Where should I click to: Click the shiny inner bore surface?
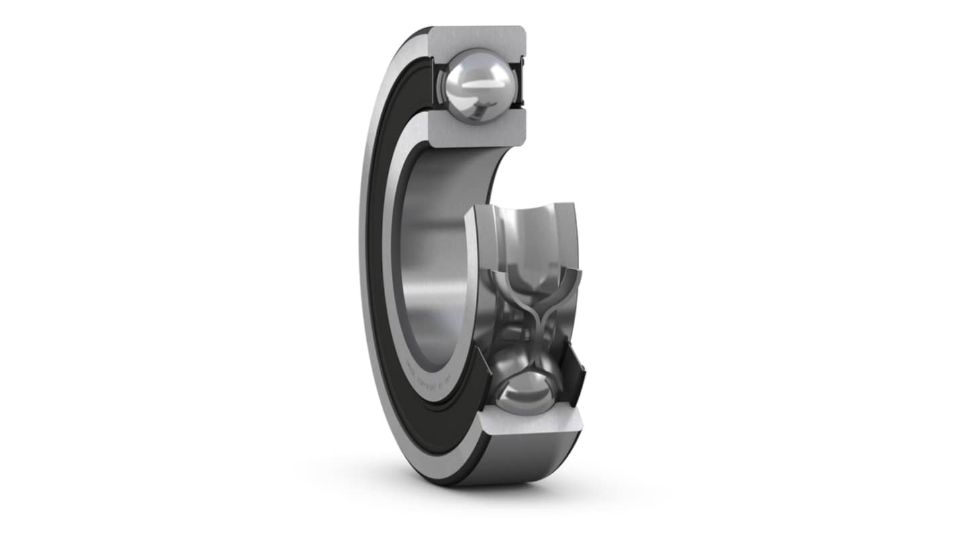coord(430,269)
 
